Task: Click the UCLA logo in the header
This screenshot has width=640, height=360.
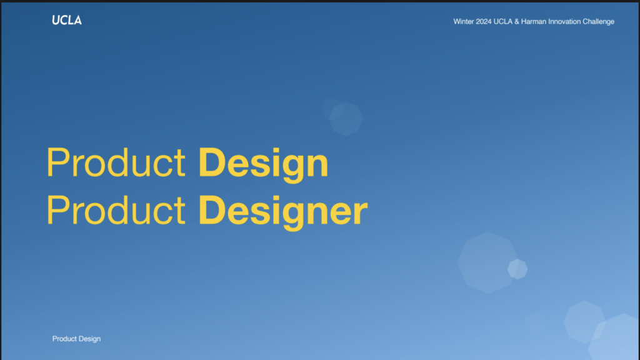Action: (66, 21)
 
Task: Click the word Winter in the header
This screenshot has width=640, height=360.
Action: (464, 22)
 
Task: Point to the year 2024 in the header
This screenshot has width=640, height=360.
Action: (484, 22)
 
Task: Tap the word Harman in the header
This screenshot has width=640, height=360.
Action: (534, 22)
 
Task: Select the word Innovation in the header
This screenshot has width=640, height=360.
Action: (564, 22)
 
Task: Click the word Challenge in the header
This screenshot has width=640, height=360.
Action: (598, 22)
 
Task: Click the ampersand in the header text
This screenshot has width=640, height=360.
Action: (517, 22)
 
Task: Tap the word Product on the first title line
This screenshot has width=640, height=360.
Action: (116, 162)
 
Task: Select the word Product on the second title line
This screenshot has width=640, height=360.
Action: (116, 210)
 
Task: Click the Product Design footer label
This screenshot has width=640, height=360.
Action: (76, 339)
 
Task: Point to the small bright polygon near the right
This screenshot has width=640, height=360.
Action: (517, 269)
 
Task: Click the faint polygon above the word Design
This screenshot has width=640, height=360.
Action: (345, 119)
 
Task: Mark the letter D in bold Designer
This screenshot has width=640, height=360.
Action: (211, 210)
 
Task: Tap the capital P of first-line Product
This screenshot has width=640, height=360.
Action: (59, 162)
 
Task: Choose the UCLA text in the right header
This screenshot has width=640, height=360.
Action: (503, 22)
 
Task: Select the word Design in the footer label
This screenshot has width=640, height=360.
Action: (89, 339)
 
